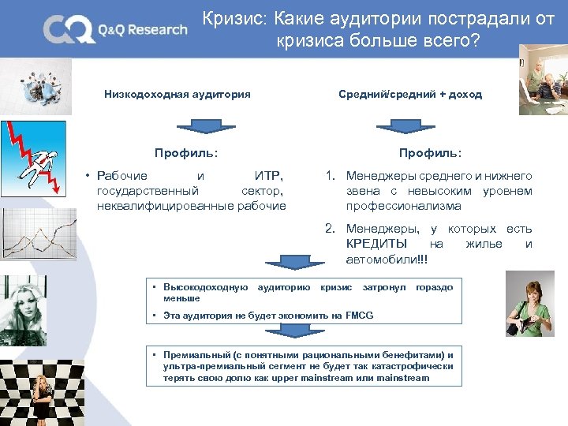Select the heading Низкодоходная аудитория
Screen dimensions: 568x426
coord(177,95)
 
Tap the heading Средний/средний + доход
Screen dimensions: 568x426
coord(409,95)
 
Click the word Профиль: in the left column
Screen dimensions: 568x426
coord(186,152)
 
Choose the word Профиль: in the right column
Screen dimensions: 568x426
coord(430,152)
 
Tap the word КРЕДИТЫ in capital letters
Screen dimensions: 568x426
coord(376,244)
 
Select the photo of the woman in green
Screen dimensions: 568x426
coord(529,304)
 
